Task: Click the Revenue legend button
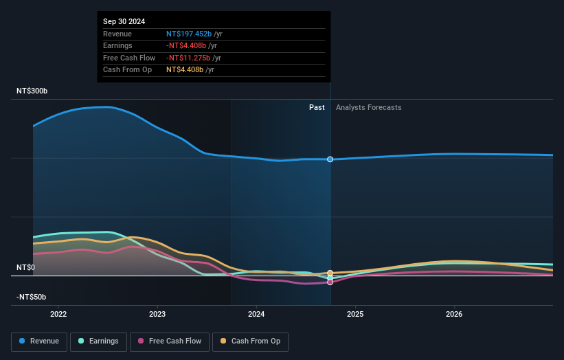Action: tap(39, 341)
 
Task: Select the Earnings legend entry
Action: tap(98, 341)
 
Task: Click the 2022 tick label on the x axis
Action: tap(58, 315)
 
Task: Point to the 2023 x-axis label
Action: tap(157, 315)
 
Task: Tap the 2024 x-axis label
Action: tap(256, 315)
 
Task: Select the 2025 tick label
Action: tap(355, 315)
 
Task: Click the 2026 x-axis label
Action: tap(454, 315)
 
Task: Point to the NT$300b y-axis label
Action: tap(32, 91)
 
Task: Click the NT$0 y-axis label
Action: tap(25, 267)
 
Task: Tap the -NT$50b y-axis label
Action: tap(32, 297)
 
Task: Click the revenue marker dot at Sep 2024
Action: tap(330, 159)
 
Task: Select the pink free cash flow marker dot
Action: tap(330, 282)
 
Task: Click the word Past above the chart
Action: tap(317, 107)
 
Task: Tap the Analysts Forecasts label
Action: tap(368, 107)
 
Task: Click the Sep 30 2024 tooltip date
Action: tap(124, 22)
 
